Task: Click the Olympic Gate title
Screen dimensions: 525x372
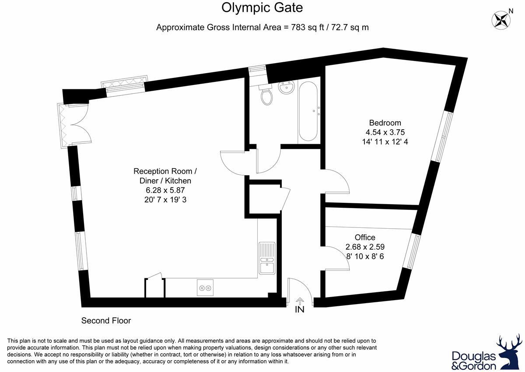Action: pos(262,8)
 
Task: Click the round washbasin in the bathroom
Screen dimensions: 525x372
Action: pos(286,88)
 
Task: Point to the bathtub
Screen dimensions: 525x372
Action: pos(308,111)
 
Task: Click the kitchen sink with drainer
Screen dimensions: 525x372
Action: pos(267,258)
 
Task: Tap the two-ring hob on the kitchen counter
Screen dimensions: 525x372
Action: pos(205,288)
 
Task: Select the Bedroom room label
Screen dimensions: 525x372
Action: pos(385,123)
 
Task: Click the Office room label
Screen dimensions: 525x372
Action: pos(365,237)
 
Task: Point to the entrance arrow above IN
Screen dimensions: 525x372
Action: pos(300,301)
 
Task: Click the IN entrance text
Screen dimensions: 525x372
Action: pos(300,310)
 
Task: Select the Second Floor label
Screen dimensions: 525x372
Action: pos(106,321)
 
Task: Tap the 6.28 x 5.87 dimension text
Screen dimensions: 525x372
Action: pos(165,190)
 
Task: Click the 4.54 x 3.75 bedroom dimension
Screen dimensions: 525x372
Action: pos(385,132)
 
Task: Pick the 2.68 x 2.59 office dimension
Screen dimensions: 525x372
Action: pos(365,247)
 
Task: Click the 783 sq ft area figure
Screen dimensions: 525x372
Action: pos(308,28)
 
